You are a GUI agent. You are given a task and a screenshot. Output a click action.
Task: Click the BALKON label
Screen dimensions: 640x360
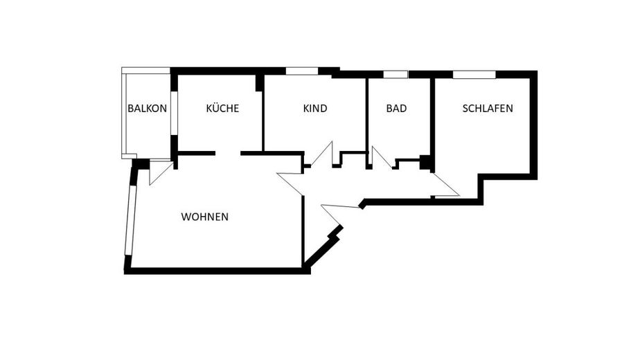(x=147, y=109)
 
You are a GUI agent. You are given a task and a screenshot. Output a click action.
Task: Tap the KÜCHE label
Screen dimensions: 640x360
(x=222, y=108)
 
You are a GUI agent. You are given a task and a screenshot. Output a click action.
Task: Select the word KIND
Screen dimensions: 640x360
(x=315, y=109)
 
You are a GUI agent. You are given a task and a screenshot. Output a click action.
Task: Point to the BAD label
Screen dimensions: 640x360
(x=396, y=109)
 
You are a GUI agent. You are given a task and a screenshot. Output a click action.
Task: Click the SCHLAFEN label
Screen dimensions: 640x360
(x=488, y=109)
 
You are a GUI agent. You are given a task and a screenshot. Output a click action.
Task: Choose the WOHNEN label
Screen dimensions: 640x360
(x=205, y=217)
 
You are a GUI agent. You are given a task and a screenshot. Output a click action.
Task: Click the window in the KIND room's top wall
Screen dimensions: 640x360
(x=301, y=71)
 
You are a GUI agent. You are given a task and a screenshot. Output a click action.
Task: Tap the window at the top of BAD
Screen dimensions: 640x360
(x=395, y=74)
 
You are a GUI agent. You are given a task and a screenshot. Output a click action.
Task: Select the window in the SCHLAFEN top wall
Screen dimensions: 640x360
(x=474, y=74)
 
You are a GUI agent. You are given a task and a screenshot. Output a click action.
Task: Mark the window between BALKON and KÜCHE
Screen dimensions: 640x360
(x=174, y=113)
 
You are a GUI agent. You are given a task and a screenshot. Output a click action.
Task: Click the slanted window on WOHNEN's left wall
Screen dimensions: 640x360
(x=130, y=221)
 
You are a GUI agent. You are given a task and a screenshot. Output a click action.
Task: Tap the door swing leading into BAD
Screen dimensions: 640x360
(x=381, y=157)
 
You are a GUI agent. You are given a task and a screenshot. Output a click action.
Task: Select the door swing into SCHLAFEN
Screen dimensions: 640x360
(x=445, y=186)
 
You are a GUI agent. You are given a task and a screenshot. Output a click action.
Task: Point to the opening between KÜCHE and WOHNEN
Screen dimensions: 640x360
(x=228, y=154)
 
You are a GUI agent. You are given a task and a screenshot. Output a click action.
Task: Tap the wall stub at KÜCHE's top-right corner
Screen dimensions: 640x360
(x=259, y=83)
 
